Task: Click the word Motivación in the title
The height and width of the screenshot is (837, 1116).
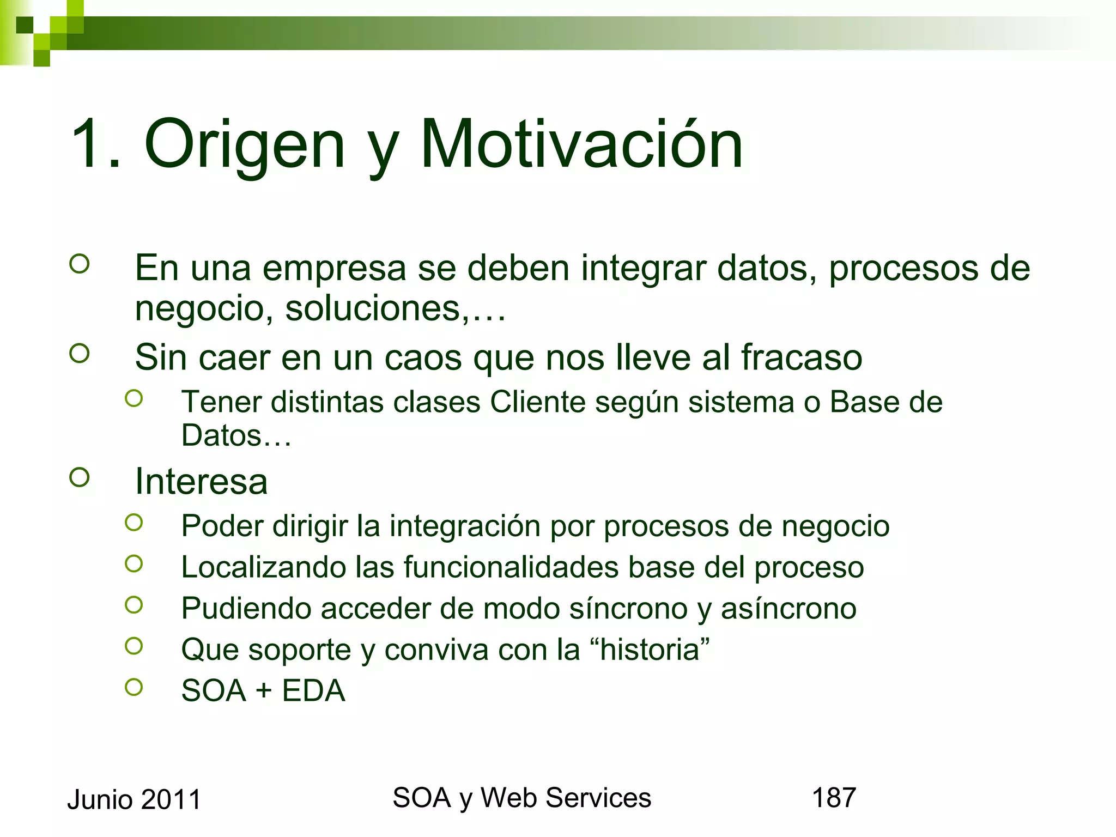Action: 581,144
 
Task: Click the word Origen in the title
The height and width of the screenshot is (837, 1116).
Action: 245,144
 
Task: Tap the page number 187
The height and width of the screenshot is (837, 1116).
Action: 834,798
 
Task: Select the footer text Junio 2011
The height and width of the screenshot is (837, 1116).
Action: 134,800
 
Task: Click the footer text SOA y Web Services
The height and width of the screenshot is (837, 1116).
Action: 521,798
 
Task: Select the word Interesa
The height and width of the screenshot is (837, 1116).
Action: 201,482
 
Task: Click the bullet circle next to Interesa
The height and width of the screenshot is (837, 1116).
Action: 80,478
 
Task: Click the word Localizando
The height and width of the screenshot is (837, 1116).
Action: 264,567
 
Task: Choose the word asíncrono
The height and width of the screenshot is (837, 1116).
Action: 789,609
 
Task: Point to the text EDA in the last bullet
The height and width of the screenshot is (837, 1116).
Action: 313,690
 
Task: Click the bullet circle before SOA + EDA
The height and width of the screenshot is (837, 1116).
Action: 134,687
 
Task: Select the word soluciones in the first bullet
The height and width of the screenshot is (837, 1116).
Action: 373,308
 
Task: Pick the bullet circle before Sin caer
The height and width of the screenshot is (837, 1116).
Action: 80,354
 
